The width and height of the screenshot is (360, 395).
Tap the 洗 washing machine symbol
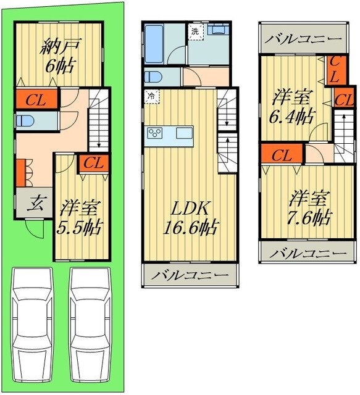pyautogui.click(x=195, y=31)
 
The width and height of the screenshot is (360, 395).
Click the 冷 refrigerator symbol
pyautogui.click(x=150, y=96)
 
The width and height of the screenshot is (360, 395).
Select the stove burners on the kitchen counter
pyautogui.click(x=154, y=133)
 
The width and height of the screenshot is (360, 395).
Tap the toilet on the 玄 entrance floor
pyautogui.click(x=25, y=120)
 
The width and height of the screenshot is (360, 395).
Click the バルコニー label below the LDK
pyautogui.click(x=190, y=275)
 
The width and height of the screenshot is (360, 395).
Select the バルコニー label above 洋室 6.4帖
pyautogui.click(x=304, y=39)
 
